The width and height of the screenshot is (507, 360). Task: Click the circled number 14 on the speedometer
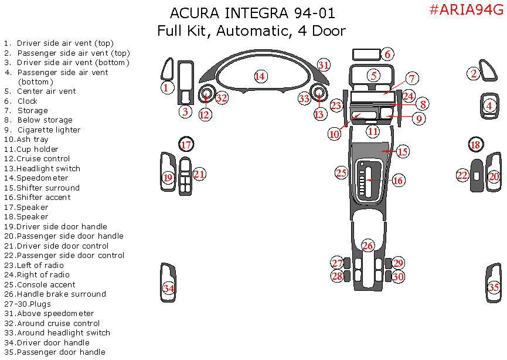pos(260,76)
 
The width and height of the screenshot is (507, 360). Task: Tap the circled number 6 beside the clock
pos(387,55)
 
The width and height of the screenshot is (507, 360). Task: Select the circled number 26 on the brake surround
pos(368,245)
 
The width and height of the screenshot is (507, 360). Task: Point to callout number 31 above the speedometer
pos(324,64)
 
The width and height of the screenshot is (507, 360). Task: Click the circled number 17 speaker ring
pos(186,144)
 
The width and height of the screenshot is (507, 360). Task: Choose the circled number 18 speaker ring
pos(475,144)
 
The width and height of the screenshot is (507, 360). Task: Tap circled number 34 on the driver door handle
pos(169,288)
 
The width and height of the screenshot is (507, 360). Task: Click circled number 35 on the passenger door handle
pos(494,287)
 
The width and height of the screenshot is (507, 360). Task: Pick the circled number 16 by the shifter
pos(398,181)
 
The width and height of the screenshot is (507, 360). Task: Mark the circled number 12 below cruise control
pos(205,114)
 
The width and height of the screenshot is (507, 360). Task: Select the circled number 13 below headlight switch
pos(319,114)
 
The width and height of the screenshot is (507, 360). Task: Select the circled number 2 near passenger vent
pos(474,73)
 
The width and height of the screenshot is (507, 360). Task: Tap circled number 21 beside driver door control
pos(200,174)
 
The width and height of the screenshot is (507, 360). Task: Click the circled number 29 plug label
pos(398,263)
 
